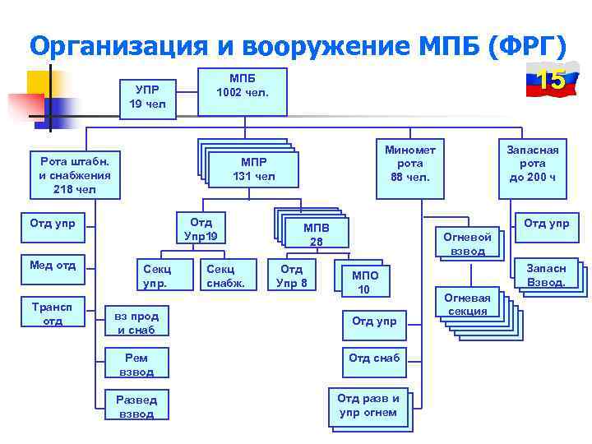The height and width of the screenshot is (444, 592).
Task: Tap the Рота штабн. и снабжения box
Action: [75, 173]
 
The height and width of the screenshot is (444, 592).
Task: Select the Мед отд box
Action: [53, 266]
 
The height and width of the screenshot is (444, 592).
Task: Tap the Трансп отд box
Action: [53, 314]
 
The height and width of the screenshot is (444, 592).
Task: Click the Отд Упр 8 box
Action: [292, 276]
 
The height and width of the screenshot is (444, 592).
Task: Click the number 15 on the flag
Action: [550, 81]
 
